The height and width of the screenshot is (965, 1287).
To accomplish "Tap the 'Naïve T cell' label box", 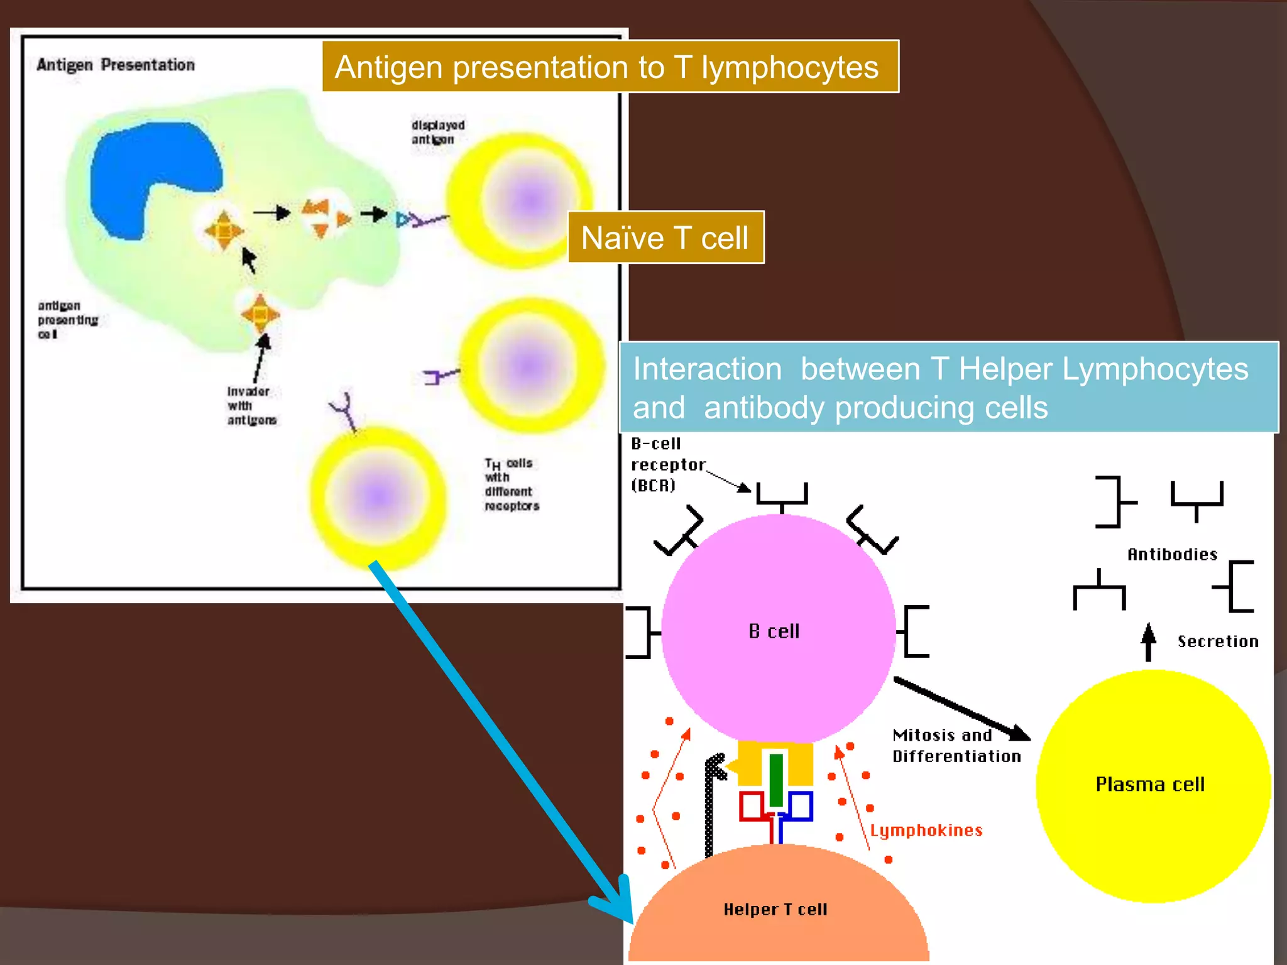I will [665, 237].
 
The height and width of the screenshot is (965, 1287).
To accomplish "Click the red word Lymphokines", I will [926, 831].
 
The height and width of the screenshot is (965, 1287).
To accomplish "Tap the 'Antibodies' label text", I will [1172, 554].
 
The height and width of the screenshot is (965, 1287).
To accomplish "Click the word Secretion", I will [1217, 641].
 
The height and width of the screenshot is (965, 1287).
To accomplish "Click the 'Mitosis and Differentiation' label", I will [955, 746].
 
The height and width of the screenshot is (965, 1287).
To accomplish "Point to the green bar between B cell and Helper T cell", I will [776, 779].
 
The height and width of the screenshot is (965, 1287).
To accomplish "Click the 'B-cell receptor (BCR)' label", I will [666, 465].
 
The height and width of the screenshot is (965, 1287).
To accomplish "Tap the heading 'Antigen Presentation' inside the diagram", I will [116, 65].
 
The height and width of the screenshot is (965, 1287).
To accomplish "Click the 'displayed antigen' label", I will [438, 132].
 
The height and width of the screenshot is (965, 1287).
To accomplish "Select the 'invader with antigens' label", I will [251, 405].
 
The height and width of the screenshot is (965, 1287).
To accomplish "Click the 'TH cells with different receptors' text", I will [511, 484].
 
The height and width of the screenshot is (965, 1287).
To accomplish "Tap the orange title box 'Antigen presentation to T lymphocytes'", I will [610, 67].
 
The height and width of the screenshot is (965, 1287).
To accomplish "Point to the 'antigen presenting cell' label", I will [67, 320].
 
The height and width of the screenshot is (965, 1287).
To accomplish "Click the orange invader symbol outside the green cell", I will [260, 313].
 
